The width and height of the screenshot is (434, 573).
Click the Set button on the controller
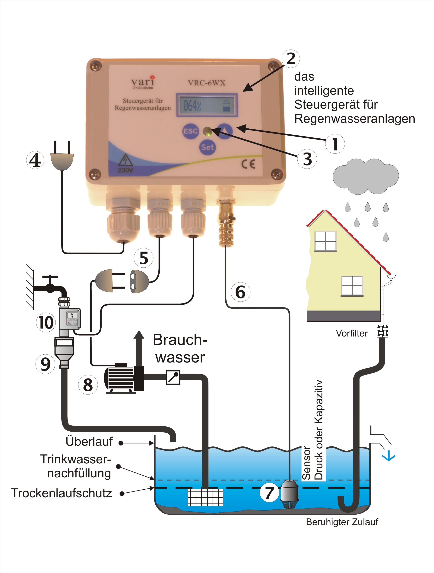(x=207, y=147)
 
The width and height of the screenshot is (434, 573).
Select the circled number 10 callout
(x=46, y=323)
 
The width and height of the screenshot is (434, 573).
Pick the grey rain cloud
(x=365, y=176)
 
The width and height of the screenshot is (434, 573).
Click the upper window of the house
(x=325, y=241)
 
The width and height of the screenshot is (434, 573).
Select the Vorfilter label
(x=351, y=333)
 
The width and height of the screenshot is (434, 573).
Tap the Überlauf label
(x=89, y=441)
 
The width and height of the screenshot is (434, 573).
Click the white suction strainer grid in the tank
(x=205, y=497)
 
